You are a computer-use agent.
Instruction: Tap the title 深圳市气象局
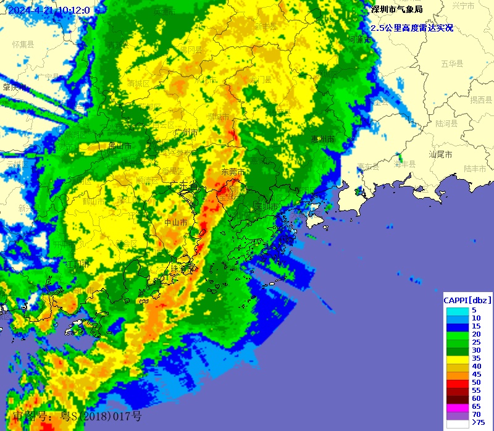[396, 9]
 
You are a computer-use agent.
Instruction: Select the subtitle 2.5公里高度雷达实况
[412, 28]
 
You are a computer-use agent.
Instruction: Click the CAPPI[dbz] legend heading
[467, 300]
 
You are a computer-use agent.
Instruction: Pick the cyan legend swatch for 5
[458, 310]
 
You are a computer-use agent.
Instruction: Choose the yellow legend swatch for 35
[458, 358]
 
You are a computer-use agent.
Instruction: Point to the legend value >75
[478, 423]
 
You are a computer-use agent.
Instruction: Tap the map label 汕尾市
[440, 154]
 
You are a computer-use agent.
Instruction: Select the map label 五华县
[452, 64]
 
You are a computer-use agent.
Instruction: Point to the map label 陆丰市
[475, 168]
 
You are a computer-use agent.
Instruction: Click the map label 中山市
[175, 222]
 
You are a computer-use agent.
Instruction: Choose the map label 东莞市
[233, 172]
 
